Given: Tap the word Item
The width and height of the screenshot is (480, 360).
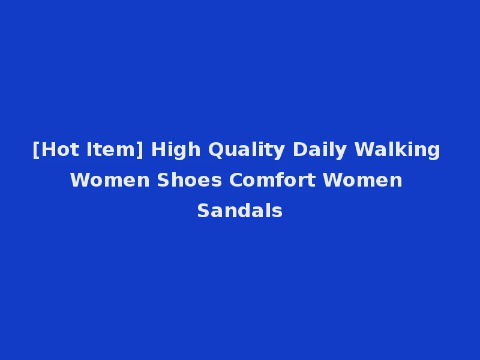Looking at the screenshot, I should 112,149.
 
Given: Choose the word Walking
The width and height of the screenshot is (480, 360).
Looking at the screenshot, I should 397,149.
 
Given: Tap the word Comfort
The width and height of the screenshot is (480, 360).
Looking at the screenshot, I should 272,180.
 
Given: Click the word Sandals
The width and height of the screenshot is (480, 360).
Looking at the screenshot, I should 240,211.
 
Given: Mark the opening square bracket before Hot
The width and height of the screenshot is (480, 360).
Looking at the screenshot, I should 36,149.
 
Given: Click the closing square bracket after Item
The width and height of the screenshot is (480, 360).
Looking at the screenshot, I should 141,149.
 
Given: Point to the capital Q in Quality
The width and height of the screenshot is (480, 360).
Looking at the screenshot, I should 215,149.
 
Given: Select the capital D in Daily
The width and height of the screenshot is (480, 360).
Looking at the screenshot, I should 299,149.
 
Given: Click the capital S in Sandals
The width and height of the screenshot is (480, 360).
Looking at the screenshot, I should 203,211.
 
